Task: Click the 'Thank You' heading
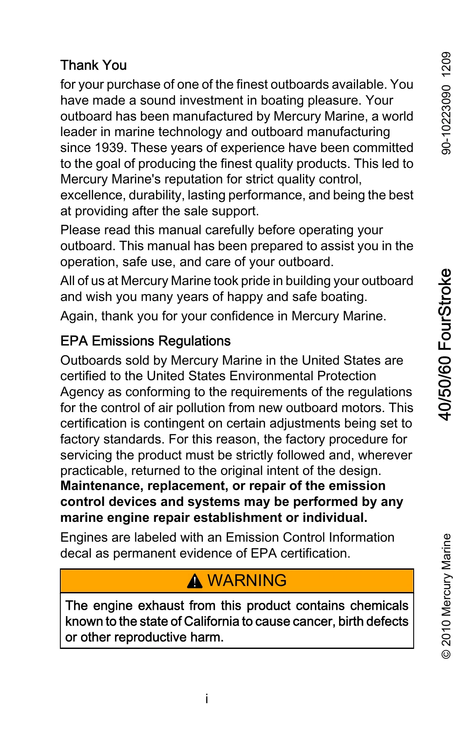pyautogui.click(x=94, y=65)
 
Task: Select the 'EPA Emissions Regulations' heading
pyautogui.click(x=145, y=341)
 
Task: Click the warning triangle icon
pyautogui.click(x=195, y=581)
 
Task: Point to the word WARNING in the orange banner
pyautogui.click(x=247, y=580)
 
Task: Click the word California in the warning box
pyautogui.click(x=212, y=621)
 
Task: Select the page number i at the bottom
pyautogui.click(x=207, y=698)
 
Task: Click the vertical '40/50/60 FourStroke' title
pyautogui.click(x=445, y=344)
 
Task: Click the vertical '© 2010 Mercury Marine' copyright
pyautogui.click(x=446, y=596)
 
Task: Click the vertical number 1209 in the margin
pyautogui.click(x=446, y=64)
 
